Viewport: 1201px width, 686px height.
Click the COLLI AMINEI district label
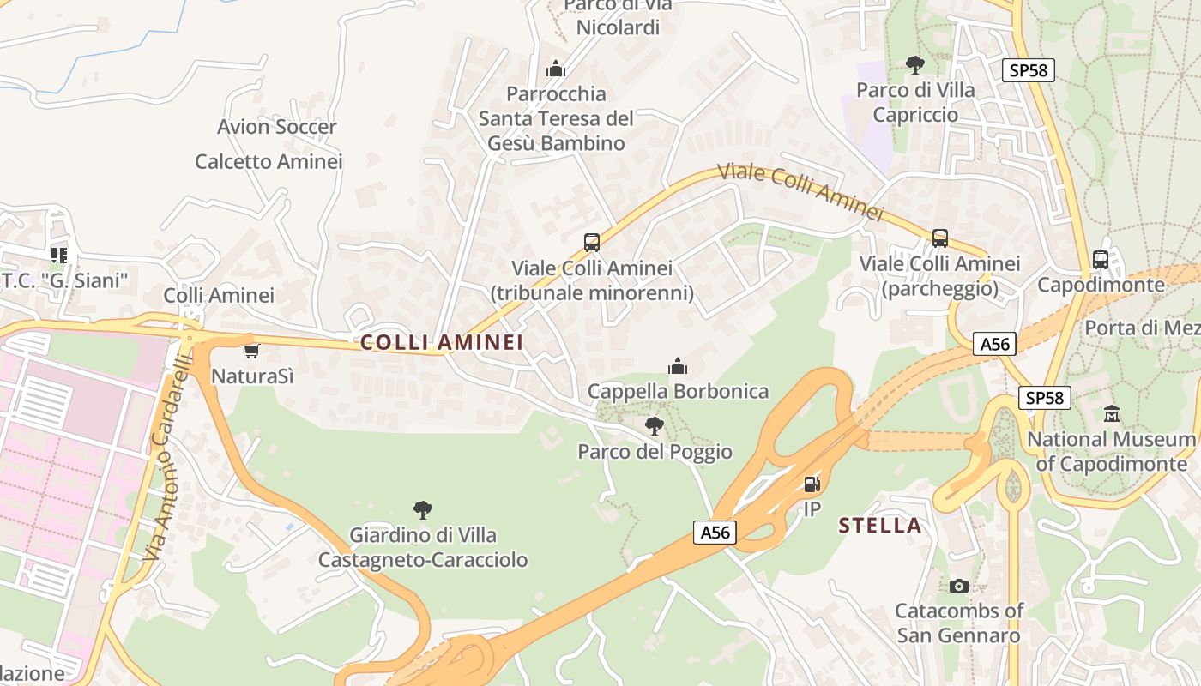tap(441, 343)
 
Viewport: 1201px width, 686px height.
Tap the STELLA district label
tap(880, 526)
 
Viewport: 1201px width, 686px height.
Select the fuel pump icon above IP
tap(812, 484)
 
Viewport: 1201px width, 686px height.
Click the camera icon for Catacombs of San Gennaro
tap(959, 586)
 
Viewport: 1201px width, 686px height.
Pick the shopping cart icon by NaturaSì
tap(251, 351)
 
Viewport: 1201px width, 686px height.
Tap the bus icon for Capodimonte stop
tap(1101, 259)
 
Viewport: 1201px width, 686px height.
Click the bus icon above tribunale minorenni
tap(592, 243)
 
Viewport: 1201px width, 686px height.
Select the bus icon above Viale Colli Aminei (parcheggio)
tap(940, 238)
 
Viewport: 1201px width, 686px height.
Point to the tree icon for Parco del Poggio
tap(655, 425)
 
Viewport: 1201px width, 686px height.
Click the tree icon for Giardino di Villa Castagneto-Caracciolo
tap(422, 510)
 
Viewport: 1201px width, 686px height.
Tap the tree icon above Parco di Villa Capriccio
tap(915, 64)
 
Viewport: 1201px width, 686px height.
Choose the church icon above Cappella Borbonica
tap(678, 367)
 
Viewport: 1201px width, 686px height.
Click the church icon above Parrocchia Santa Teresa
tap(556, 68)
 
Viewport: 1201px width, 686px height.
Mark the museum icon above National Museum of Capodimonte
tap(1112, 413)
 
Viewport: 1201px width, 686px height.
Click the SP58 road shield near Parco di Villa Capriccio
tap(1028, 70)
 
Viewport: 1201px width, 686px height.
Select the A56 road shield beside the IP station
tap(715, 533)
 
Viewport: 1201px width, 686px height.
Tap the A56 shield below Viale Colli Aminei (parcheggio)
tap(995, 345)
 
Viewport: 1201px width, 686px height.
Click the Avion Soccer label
tap(277, 127)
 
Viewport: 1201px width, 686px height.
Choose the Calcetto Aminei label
tap(269, 161)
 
